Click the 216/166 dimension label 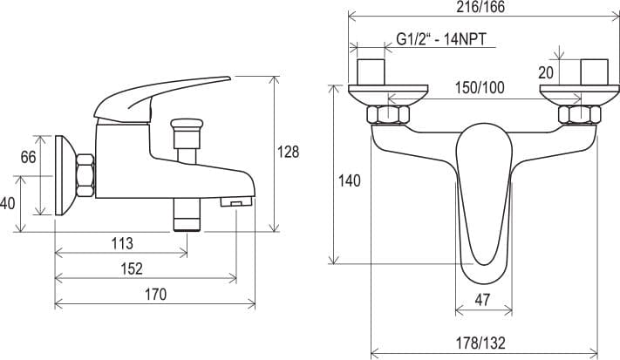pos(480,7)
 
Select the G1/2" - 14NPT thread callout pos(441,39)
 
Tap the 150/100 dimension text pos(480,88)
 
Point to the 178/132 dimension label pos(480,343)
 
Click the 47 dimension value pos(482,300)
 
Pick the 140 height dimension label pos(350,181)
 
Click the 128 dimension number pos(289,152)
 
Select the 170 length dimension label pos(155,295)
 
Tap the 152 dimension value pos(132,268)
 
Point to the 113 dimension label pos(122,243)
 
